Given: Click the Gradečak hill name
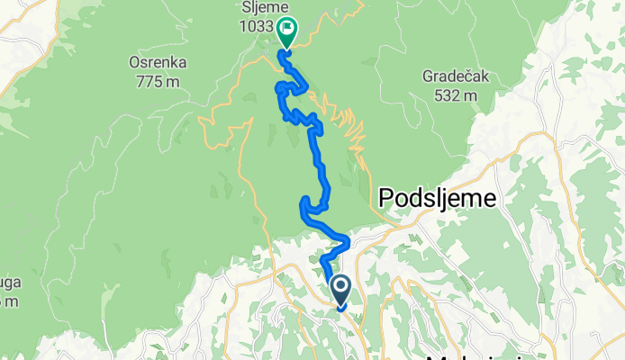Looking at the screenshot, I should [455, 77].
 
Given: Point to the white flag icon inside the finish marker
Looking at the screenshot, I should [286, 29].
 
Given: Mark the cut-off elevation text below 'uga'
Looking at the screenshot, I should [8, 301].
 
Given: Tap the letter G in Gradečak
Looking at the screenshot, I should [427, 77].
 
